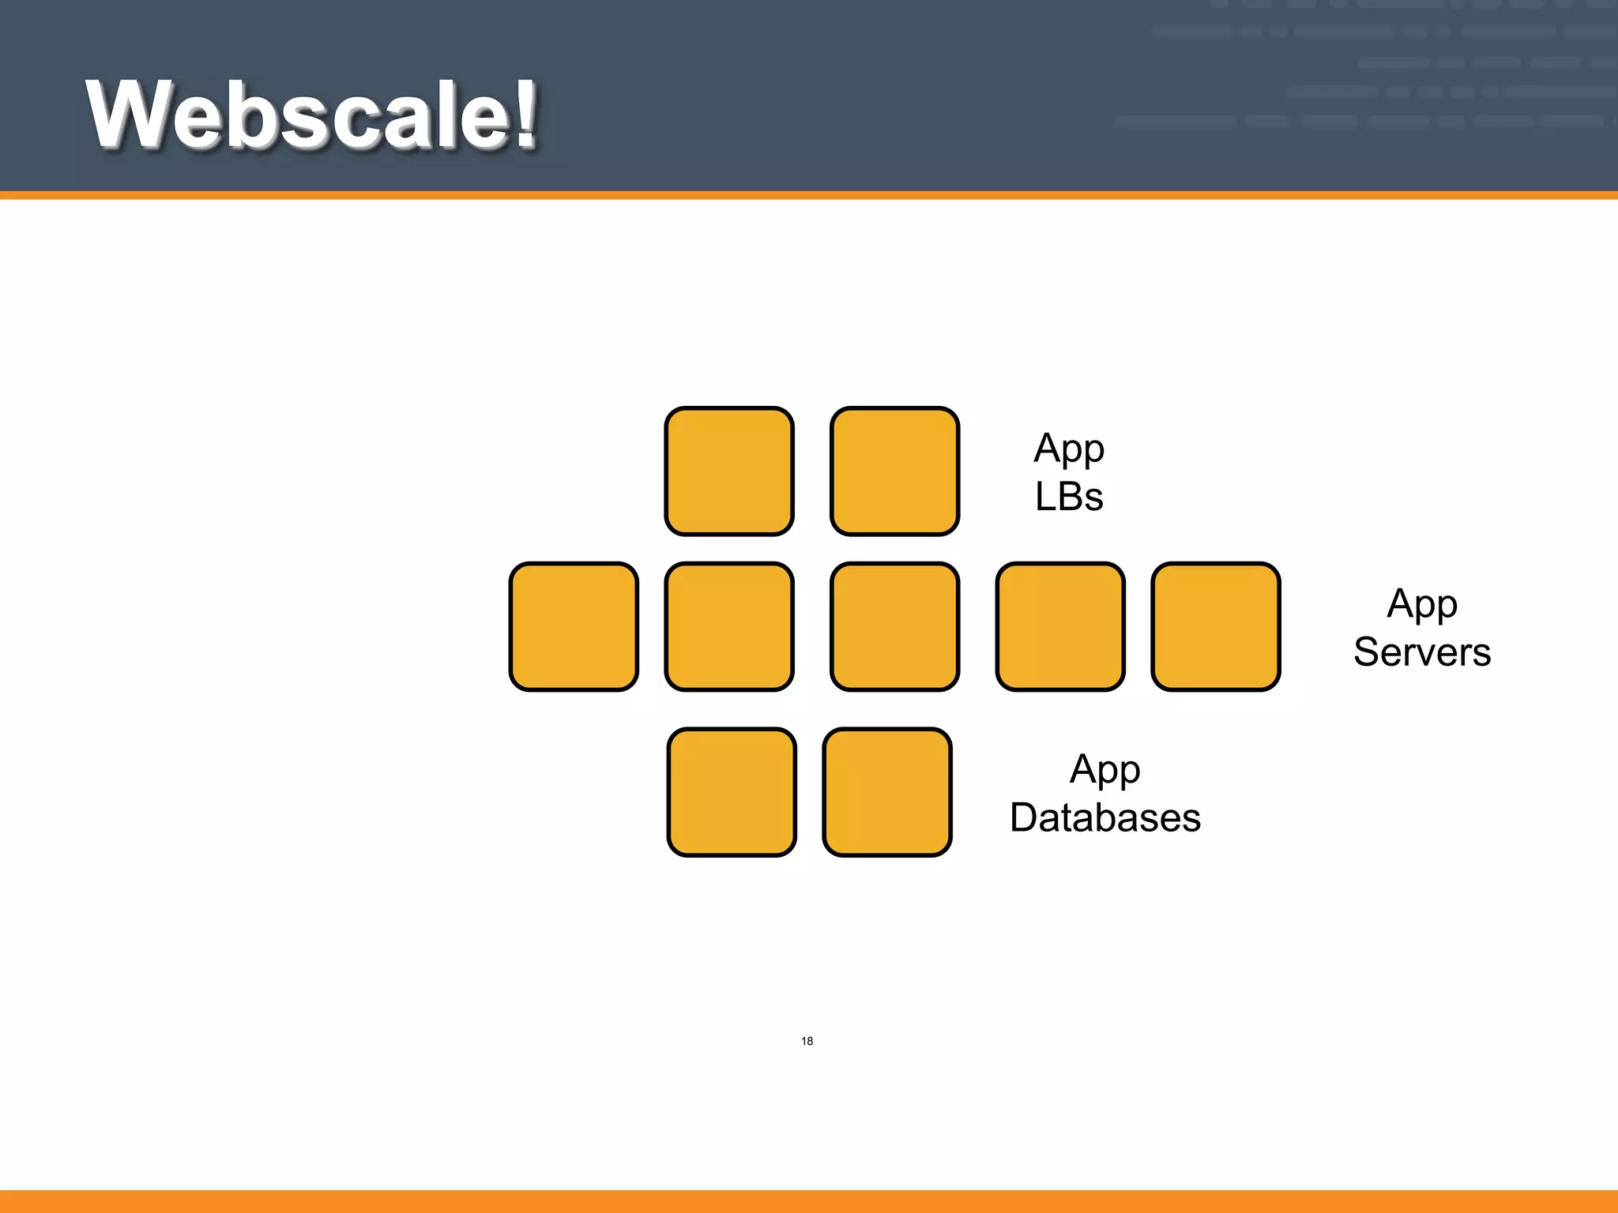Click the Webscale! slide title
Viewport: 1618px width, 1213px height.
pyautogui.click(x=311, y=115)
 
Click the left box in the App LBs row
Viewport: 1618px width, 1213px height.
pyautogui.click(x=728, y=471)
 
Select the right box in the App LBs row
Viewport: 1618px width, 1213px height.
pyautogui.click(x=894, y=471)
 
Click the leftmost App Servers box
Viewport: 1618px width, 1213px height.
pyautogui.click(x=574, y=627)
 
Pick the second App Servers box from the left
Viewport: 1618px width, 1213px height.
pyautogui.click(x=728, y=627)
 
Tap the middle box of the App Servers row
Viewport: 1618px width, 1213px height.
pyautogui.click(x=894, y=627)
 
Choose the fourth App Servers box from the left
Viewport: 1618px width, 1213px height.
pyautogui.click(x=1060, y=627)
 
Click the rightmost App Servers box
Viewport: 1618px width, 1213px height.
pyautogui.click(x=1215, y=627)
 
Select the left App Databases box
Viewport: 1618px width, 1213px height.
pyautogui.click(x=732, y=792)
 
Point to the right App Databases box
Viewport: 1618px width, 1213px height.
pyautogui.click(x=886, y=792)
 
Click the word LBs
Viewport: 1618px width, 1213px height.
pyautogui.click(x=1069, y=498)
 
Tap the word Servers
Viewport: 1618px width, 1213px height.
pyautogui.click(x=1422, y=652)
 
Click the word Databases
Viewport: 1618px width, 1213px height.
pyautogui.click(x=1105, y=817)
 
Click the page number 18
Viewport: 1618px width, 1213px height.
pyautogui.click(x=807, y=1041)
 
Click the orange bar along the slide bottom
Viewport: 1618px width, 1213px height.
pyautogui.click(x=809, y=1201)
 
